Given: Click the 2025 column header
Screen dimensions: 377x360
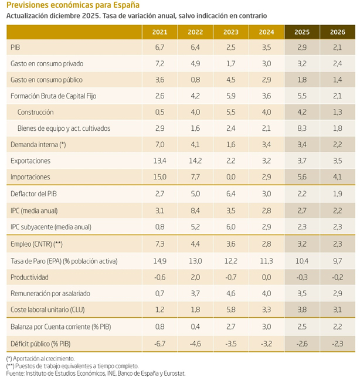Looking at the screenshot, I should coord(302,31).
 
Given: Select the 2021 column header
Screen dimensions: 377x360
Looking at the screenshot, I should coord(159,31).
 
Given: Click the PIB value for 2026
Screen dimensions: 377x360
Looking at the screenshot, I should coord(338,46).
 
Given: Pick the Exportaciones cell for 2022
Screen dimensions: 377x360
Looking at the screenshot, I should coord(195,161).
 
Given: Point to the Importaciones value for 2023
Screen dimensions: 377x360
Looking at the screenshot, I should coord(231,177).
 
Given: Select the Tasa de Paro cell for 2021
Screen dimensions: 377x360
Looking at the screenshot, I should coord(159,260).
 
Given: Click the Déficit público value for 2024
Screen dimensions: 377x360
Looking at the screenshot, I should coord(266,342).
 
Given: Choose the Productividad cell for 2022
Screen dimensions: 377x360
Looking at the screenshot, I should coord(195,277).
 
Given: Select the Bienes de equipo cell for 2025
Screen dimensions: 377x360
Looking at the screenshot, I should coord(302,128).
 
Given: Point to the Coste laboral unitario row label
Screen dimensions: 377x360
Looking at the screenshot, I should coord(49,310).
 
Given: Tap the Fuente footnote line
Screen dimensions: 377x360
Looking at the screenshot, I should coord(88,372).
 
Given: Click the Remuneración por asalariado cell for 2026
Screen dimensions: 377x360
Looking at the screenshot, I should coord(338,293).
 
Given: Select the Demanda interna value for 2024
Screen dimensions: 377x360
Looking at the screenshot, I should coord(266,144).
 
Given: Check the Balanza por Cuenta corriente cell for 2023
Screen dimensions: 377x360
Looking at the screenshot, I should coord(231,326).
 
